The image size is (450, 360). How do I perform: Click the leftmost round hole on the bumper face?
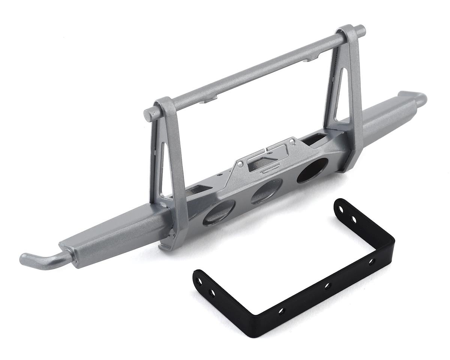219,213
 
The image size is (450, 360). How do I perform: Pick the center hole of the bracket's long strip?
326,286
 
